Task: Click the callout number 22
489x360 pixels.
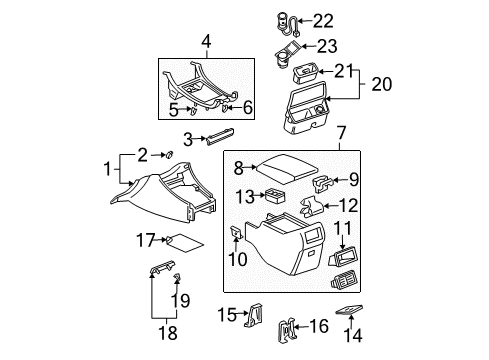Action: tap(323, 20)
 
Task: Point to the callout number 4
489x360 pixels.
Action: tap(205, 42)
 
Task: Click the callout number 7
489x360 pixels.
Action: tap(343, 133)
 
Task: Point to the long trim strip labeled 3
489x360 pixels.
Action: tap(219, 137)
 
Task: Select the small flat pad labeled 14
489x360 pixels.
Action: tap(349, 311)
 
